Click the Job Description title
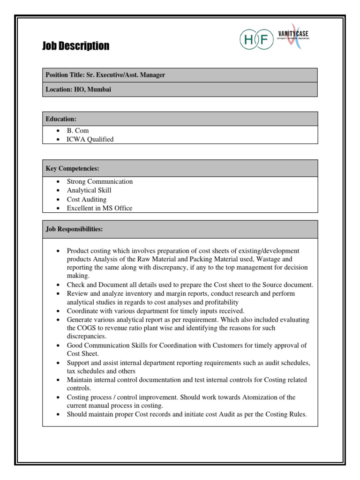(76, 46)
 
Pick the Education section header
(61, 119)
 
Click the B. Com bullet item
(78, 130)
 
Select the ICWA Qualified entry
(90, 139)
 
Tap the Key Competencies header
(72, 168)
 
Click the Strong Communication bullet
(100, 181)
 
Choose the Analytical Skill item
(89, 190)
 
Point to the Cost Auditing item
(87, 199)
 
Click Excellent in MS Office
(99, 208)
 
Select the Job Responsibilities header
(74, 229)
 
